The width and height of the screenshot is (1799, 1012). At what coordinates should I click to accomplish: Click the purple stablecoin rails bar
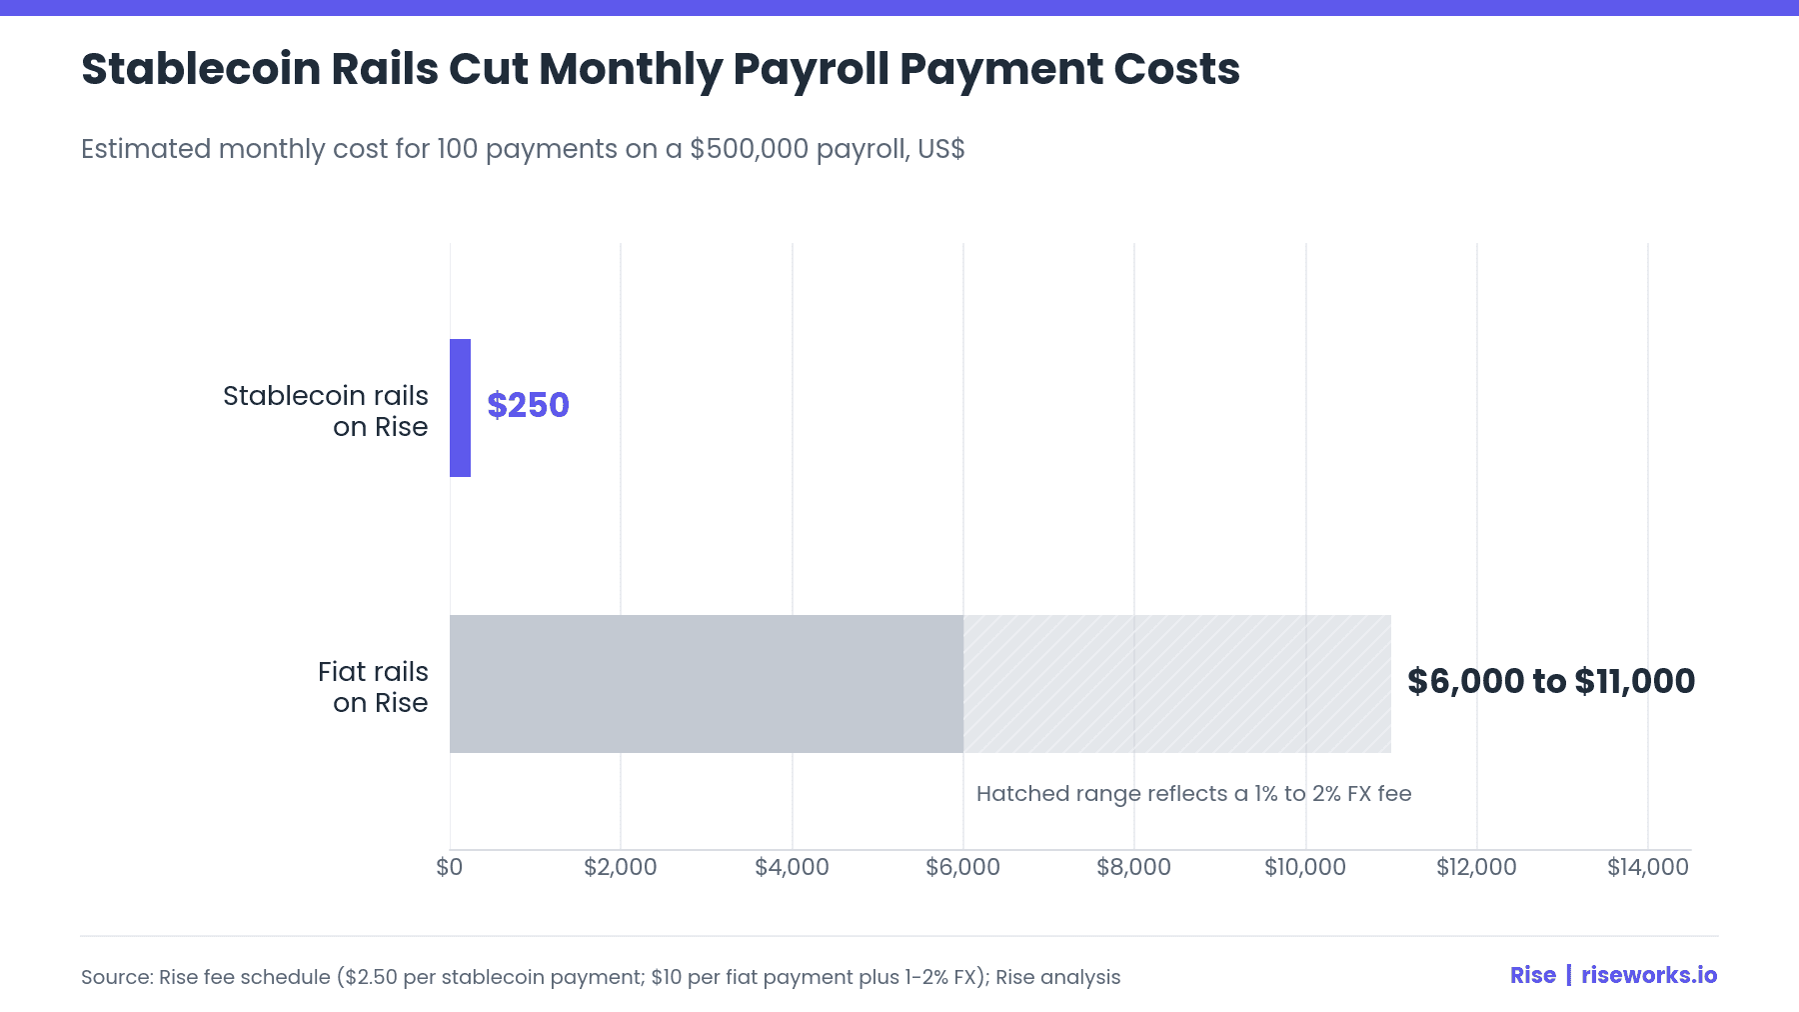click(460, 408)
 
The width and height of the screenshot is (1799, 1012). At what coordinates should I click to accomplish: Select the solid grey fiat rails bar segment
click(707, 684)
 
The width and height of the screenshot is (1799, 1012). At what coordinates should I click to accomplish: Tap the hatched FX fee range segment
click(1177, 684)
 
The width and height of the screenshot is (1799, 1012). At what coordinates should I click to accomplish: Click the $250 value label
click(528, 405)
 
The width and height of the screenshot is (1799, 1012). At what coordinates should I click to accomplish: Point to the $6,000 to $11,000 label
click(1551, 681)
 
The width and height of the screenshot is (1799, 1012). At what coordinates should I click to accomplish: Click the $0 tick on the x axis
click(450, 867)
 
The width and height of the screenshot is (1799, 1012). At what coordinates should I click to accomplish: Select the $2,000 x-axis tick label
click(621, 867)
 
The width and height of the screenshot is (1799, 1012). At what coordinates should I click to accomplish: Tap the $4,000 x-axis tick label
click(792, 867)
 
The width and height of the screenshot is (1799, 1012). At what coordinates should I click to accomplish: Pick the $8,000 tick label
click(1134, 867)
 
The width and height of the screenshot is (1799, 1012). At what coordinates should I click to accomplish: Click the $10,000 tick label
click(1305, 867)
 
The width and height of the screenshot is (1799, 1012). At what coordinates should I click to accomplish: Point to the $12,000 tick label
click(1476, 867)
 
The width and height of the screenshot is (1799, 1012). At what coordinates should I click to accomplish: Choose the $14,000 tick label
click(1648, 867)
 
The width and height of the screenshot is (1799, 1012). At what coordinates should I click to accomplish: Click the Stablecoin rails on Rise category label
click(326, 411)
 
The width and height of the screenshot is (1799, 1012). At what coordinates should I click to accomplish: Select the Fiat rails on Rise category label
click(373, 687)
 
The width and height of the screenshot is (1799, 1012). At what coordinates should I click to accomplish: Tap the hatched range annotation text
click(1194, 794)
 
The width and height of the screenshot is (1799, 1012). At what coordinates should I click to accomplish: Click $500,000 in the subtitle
click(750, 149)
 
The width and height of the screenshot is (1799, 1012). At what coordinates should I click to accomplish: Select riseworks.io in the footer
click(1649, 975)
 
